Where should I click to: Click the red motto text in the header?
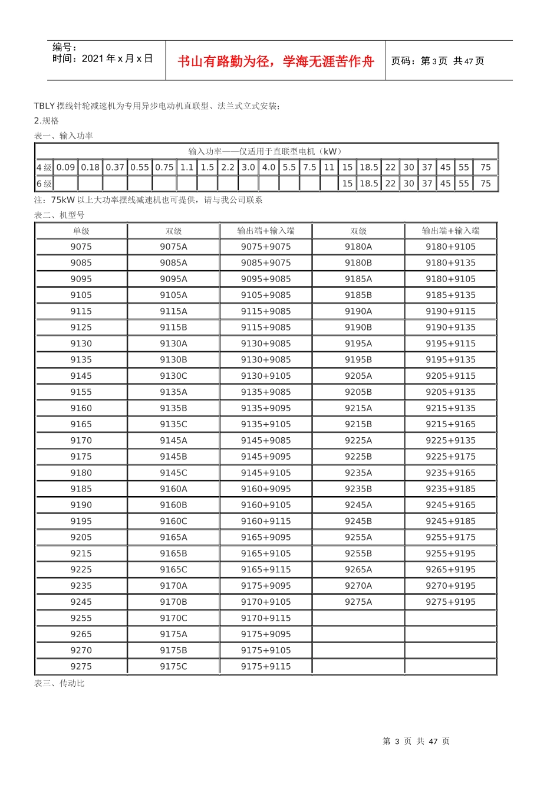coord(275,61)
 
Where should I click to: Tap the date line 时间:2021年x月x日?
coord(103,58)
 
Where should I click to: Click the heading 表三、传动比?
coord(60,683)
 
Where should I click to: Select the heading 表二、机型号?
coord(60,215)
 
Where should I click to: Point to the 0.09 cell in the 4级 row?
coord(66,168)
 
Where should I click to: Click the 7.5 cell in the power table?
coord(309,168)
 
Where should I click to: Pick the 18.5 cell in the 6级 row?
coord(369,183)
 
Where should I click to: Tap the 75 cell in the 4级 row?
coord(485,168)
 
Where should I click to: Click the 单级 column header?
coord(81,231)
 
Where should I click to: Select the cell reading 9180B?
coord(358,263)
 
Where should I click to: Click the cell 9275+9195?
coord(450,602)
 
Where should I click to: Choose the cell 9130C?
coord(173,376)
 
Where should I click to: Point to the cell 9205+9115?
coord(450,376)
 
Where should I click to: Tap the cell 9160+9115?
coord(266,521)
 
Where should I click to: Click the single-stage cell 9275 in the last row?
coord(81,666)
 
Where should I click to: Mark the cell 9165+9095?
coord(266,537)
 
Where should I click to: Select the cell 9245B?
coord(358,521)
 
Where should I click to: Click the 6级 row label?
coord(44,183)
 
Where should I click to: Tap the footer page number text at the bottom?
coord(416,741)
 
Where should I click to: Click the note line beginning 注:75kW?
coord(149,200)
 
